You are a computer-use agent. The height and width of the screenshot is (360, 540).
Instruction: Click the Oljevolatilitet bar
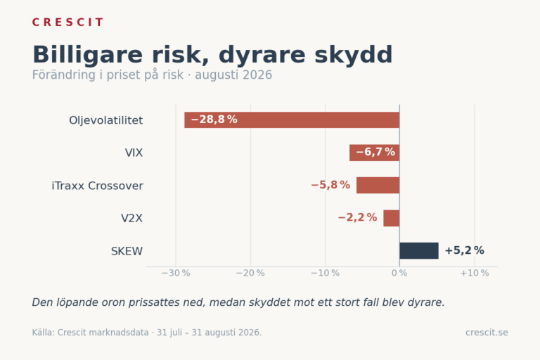point(292,120)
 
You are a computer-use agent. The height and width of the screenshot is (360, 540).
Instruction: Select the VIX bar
point(374,153)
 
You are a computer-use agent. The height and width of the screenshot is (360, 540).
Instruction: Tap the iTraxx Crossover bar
point(378,186)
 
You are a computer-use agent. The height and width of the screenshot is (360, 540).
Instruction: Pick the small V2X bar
point(391,218)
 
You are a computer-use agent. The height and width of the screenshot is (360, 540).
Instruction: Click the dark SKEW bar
point(419,251)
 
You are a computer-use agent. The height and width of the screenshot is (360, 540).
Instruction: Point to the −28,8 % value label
point(214,120)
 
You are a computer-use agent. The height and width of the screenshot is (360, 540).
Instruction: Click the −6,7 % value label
point(375,152)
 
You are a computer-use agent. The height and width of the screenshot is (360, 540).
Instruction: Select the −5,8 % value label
point(330,185)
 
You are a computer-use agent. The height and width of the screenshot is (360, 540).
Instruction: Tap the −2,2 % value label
point(357,217)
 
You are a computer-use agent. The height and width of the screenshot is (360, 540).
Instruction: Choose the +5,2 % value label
point(464,250)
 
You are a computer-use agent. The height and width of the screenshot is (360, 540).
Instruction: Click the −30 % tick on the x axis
point(176,274)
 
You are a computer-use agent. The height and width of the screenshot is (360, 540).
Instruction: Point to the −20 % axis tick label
point(250,274)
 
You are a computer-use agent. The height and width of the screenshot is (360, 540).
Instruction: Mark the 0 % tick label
point(399,274)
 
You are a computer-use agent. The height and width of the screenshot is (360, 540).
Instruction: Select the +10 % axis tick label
point(475,274)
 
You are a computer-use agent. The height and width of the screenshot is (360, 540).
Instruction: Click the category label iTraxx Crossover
point(98,186)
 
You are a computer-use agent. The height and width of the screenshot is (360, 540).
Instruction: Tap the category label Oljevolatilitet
point(105,120)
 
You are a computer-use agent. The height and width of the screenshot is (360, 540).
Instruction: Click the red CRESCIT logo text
point(67,22)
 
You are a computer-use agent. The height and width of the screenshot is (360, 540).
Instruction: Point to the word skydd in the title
point(354,54)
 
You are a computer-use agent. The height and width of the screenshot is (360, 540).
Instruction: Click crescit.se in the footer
point(487,333)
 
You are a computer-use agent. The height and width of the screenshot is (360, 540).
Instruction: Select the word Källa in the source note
point(43,333)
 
